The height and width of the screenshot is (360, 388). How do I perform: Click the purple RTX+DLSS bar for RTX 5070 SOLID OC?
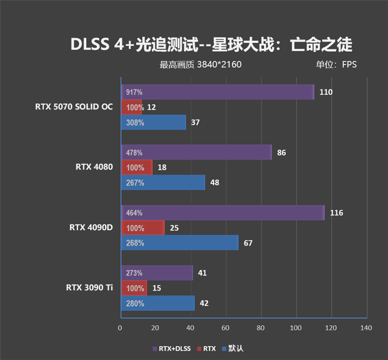point(217,92)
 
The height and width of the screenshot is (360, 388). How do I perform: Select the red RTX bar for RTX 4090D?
point(143,228)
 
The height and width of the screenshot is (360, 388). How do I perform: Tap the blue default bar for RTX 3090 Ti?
point(157,303)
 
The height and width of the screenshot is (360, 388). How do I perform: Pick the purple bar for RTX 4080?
point(196,152)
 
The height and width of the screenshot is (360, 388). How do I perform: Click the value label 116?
point(336,213)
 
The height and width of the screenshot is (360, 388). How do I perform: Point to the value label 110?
point(326,92)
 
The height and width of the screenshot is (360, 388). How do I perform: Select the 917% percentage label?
point(134,92)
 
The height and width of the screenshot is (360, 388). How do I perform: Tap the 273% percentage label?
point(134,273)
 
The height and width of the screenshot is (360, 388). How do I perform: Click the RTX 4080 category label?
point(94,167)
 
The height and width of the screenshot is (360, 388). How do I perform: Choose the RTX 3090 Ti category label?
point(90,288)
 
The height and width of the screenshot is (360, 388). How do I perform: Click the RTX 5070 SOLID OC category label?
point(74,107)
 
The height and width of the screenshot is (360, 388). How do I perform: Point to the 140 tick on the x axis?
point(366,328)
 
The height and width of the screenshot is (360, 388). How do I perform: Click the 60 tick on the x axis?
point(226,328)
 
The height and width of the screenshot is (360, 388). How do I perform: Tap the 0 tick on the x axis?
point(120,328)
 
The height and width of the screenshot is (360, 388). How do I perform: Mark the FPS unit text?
point(349,64)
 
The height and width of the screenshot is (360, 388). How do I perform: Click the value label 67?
point(248,243)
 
